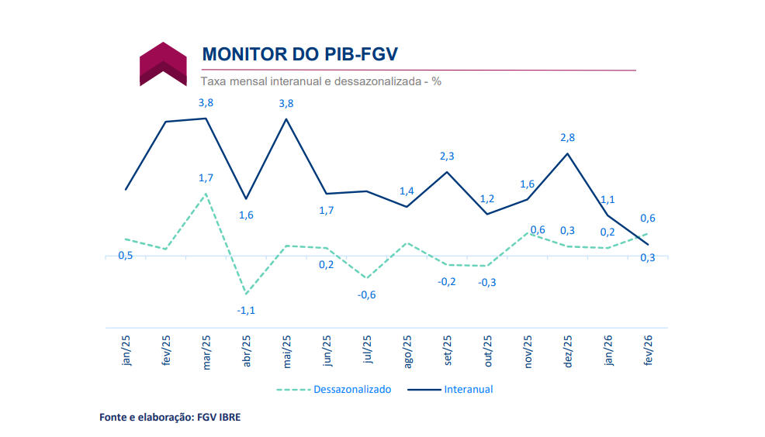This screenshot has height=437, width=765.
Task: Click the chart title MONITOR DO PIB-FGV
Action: click(300, 54)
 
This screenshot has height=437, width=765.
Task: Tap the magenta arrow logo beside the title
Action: click(163, 63)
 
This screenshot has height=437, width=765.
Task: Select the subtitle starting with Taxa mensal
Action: click(320, 81)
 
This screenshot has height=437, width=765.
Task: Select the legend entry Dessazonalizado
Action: click(351, 389)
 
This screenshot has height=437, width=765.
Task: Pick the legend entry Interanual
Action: click(469, 389)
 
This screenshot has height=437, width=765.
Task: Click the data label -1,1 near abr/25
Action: click(246, 310)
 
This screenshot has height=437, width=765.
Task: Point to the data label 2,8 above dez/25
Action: click(567, 137)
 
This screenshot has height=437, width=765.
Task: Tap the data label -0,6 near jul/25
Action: click(366, 294)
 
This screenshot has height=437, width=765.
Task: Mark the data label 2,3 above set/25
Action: click(447, 156)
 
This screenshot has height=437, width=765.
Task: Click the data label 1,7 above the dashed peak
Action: click(206, 178)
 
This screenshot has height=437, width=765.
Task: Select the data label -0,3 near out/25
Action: click(487, 282)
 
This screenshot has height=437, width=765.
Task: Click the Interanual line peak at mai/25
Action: click(286, 119)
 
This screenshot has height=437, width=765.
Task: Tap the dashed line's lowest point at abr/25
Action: click(246, 294)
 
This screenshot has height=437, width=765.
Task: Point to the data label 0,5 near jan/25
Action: click(125, 256)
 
